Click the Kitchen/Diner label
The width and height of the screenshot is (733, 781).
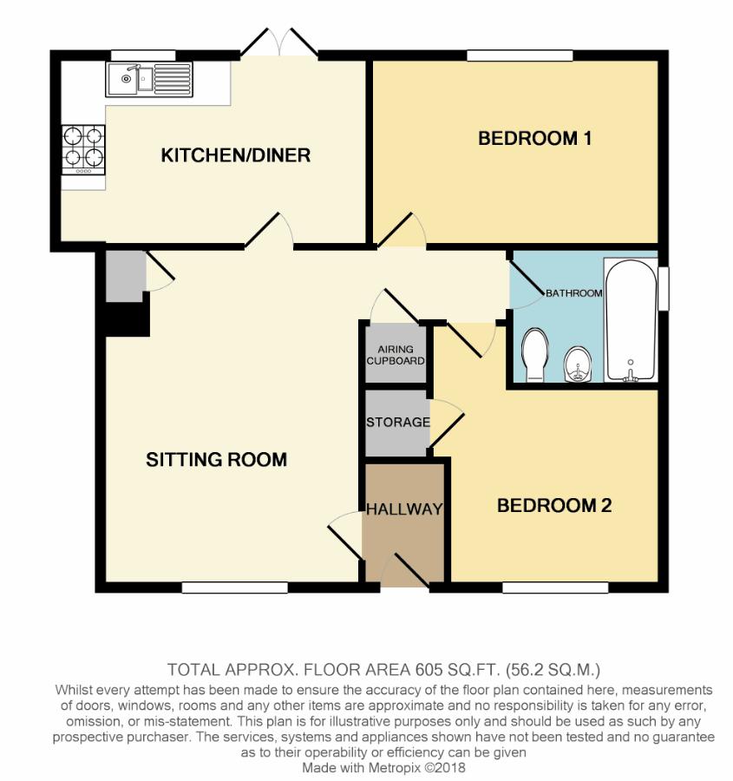click(x=236, y=155)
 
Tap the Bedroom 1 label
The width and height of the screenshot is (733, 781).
click(x=535, y=139)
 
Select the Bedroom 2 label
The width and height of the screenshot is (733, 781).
click(x=554, y=506)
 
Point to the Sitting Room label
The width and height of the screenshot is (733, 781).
click(x=216, y=459)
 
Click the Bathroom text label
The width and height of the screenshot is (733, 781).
click(x=574, y=293)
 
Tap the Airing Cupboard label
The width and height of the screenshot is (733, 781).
click(x=396, y=355)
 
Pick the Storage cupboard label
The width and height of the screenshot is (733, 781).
click(x=398, y=423)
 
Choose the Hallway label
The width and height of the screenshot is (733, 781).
click(x=404, y=509)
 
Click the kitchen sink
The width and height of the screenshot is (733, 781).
click(x=149, y=79)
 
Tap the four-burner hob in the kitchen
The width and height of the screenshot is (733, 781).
click(x=83, y=149)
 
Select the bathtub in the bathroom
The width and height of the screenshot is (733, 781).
click(x=631, y=319)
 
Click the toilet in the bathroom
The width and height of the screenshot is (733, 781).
click(x=535, y=355)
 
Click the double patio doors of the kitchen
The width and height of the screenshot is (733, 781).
click(x=279, y=43)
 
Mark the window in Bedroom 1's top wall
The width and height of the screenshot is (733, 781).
click(x=520, y=55)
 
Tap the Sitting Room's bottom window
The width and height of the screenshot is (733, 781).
click(x=234, y=587)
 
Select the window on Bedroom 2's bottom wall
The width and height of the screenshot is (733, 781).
click(x=555, y=587)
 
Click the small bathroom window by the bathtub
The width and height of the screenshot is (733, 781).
click(x=664, y=289)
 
